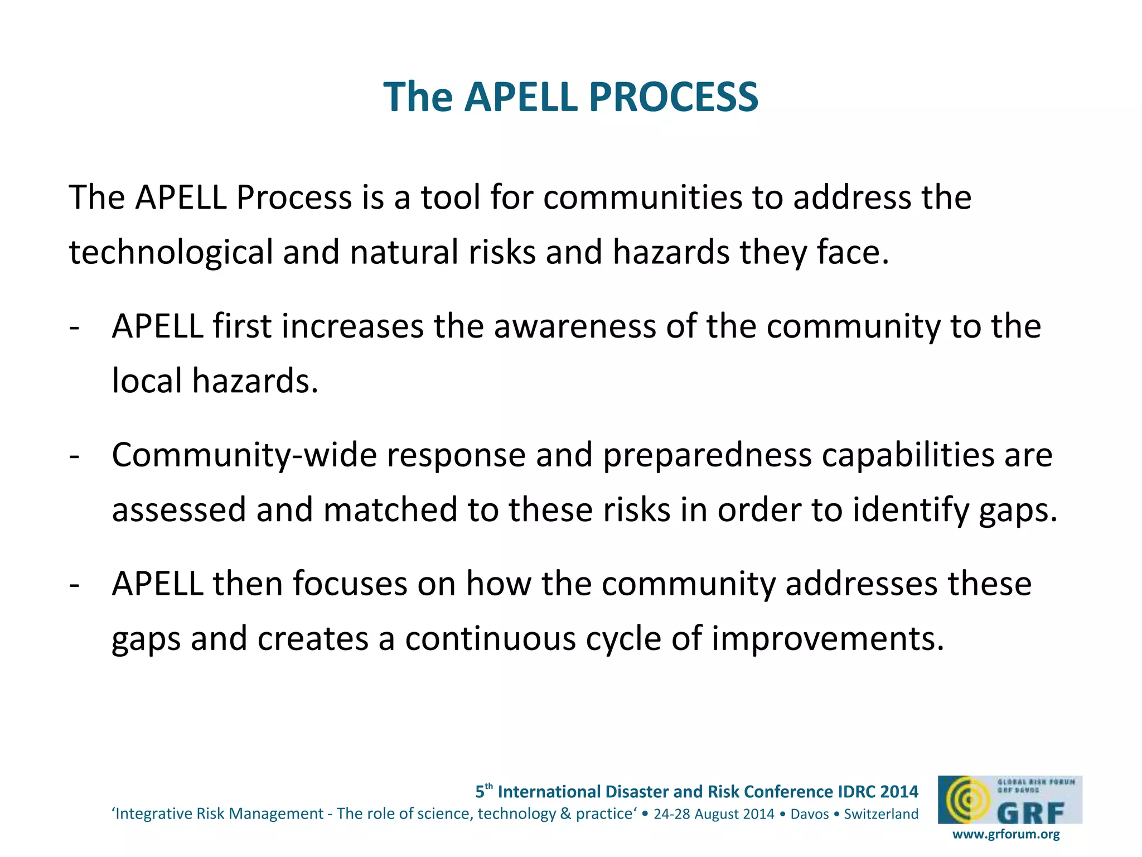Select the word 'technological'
[x=171, y=252]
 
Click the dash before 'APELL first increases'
[x=74, y=328]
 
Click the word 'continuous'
[x=490, y=639]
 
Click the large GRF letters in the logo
[x=1031, y=813]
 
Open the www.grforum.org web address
[x=1006, y=834]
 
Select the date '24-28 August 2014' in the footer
[x=714, y=814]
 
